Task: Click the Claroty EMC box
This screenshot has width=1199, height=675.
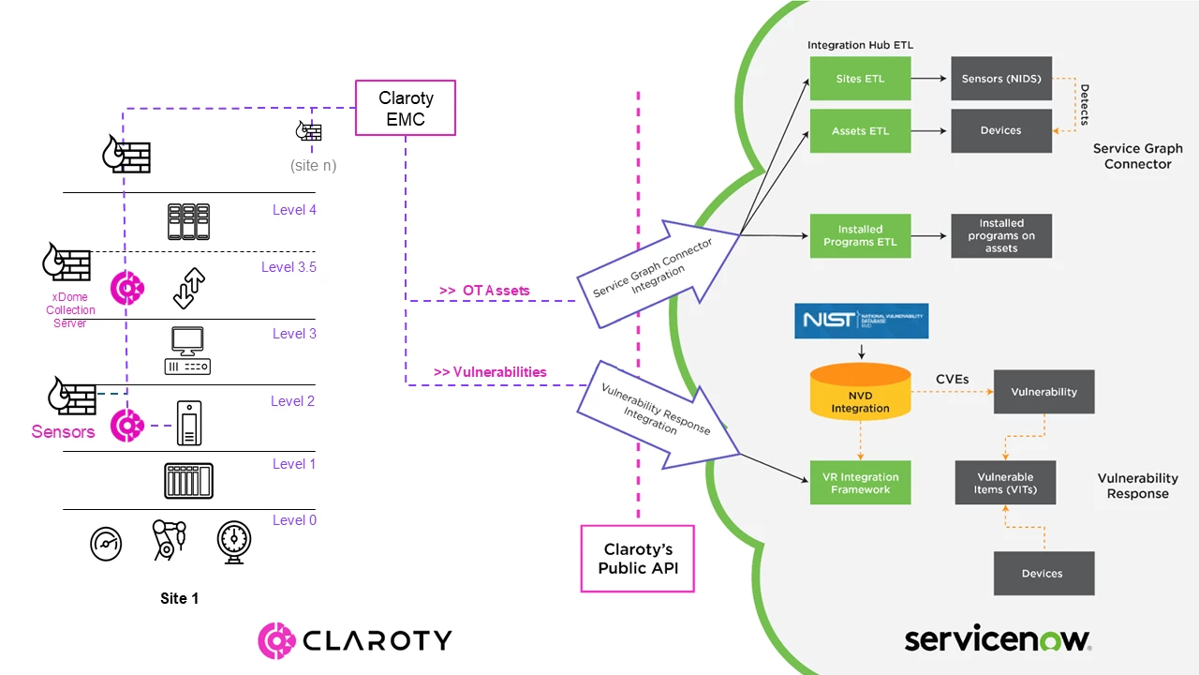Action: click(405, 109)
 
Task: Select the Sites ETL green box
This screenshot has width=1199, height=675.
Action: click(860, 79)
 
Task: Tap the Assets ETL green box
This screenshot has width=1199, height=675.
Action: click(860, 131)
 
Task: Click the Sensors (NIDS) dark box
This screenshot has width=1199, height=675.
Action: click(1001, 79)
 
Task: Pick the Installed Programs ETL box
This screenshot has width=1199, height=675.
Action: click(860, 235)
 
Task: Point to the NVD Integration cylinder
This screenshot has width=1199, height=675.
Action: click(860, 391)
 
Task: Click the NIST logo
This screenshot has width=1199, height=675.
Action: click(861, 321)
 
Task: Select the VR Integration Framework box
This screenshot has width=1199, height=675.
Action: click(860, 483)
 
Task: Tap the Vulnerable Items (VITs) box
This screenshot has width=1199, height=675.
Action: click(1005, 483)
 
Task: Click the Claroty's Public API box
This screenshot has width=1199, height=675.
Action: click(638, 559)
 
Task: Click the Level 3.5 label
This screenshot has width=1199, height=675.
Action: click(289, 267)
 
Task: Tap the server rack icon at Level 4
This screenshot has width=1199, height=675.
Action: click(187, 222)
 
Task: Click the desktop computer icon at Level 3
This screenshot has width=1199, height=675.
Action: click(187, 351)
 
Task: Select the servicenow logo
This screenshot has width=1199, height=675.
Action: click(998, 639)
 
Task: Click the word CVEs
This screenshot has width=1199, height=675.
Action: click(953, 380)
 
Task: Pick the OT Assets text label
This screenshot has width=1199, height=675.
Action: click(483, 291)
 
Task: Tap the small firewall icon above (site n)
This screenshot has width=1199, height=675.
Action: click(310, 131)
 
